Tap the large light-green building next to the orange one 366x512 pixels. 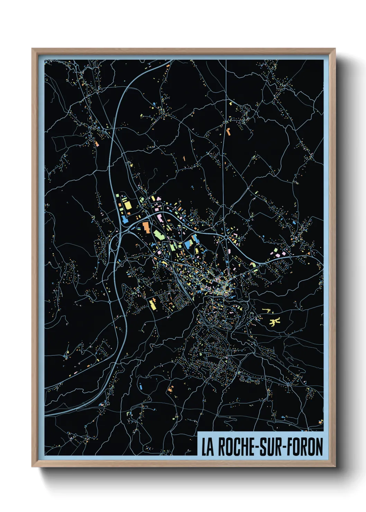point(158,235)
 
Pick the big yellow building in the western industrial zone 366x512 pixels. point(128,205)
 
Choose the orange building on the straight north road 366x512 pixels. point(228,131)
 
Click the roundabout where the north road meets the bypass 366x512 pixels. point(225,237)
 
